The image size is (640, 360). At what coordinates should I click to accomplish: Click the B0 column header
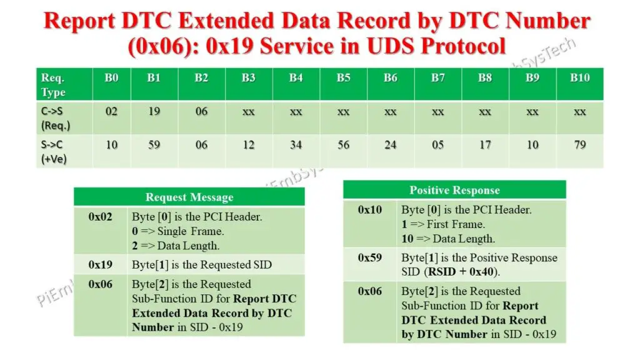coord(111,78)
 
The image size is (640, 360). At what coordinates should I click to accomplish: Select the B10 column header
coord(579,78)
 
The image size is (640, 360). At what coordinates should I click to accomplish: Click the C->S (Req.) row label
coord(55,118)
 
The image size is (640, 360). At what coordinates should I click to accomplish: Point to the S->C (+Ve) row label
coord(54,151)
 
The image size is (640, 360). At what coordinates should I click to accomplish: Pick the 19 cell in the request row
coord(154,112)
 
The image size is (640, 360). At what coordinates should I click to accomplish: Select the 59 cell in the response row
coord(154,145)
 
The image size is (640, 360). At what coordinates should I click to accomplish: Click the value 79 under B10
coord(579,145)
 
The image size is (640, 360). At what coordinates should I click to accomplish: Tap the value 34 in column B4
coord(296,145)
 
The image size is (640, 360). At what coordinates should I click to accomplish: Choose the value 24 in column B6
coord(390,145)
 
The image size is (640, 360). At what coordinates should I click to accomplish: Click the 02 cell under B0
coord(111,112)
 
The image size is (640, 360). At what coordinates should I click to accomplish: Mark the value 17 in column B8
coord(485,145)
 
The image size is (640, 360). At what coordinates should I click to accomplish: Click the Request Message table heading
coord(189,197)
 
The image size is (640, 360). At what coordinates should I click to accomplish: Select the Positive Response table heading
coord(454,191)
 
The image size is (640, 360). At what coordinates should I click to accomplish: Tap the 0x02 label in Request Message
coord(100,217)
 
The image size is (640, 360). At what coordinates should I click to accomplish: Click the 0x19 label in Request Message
coord(100,264)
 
